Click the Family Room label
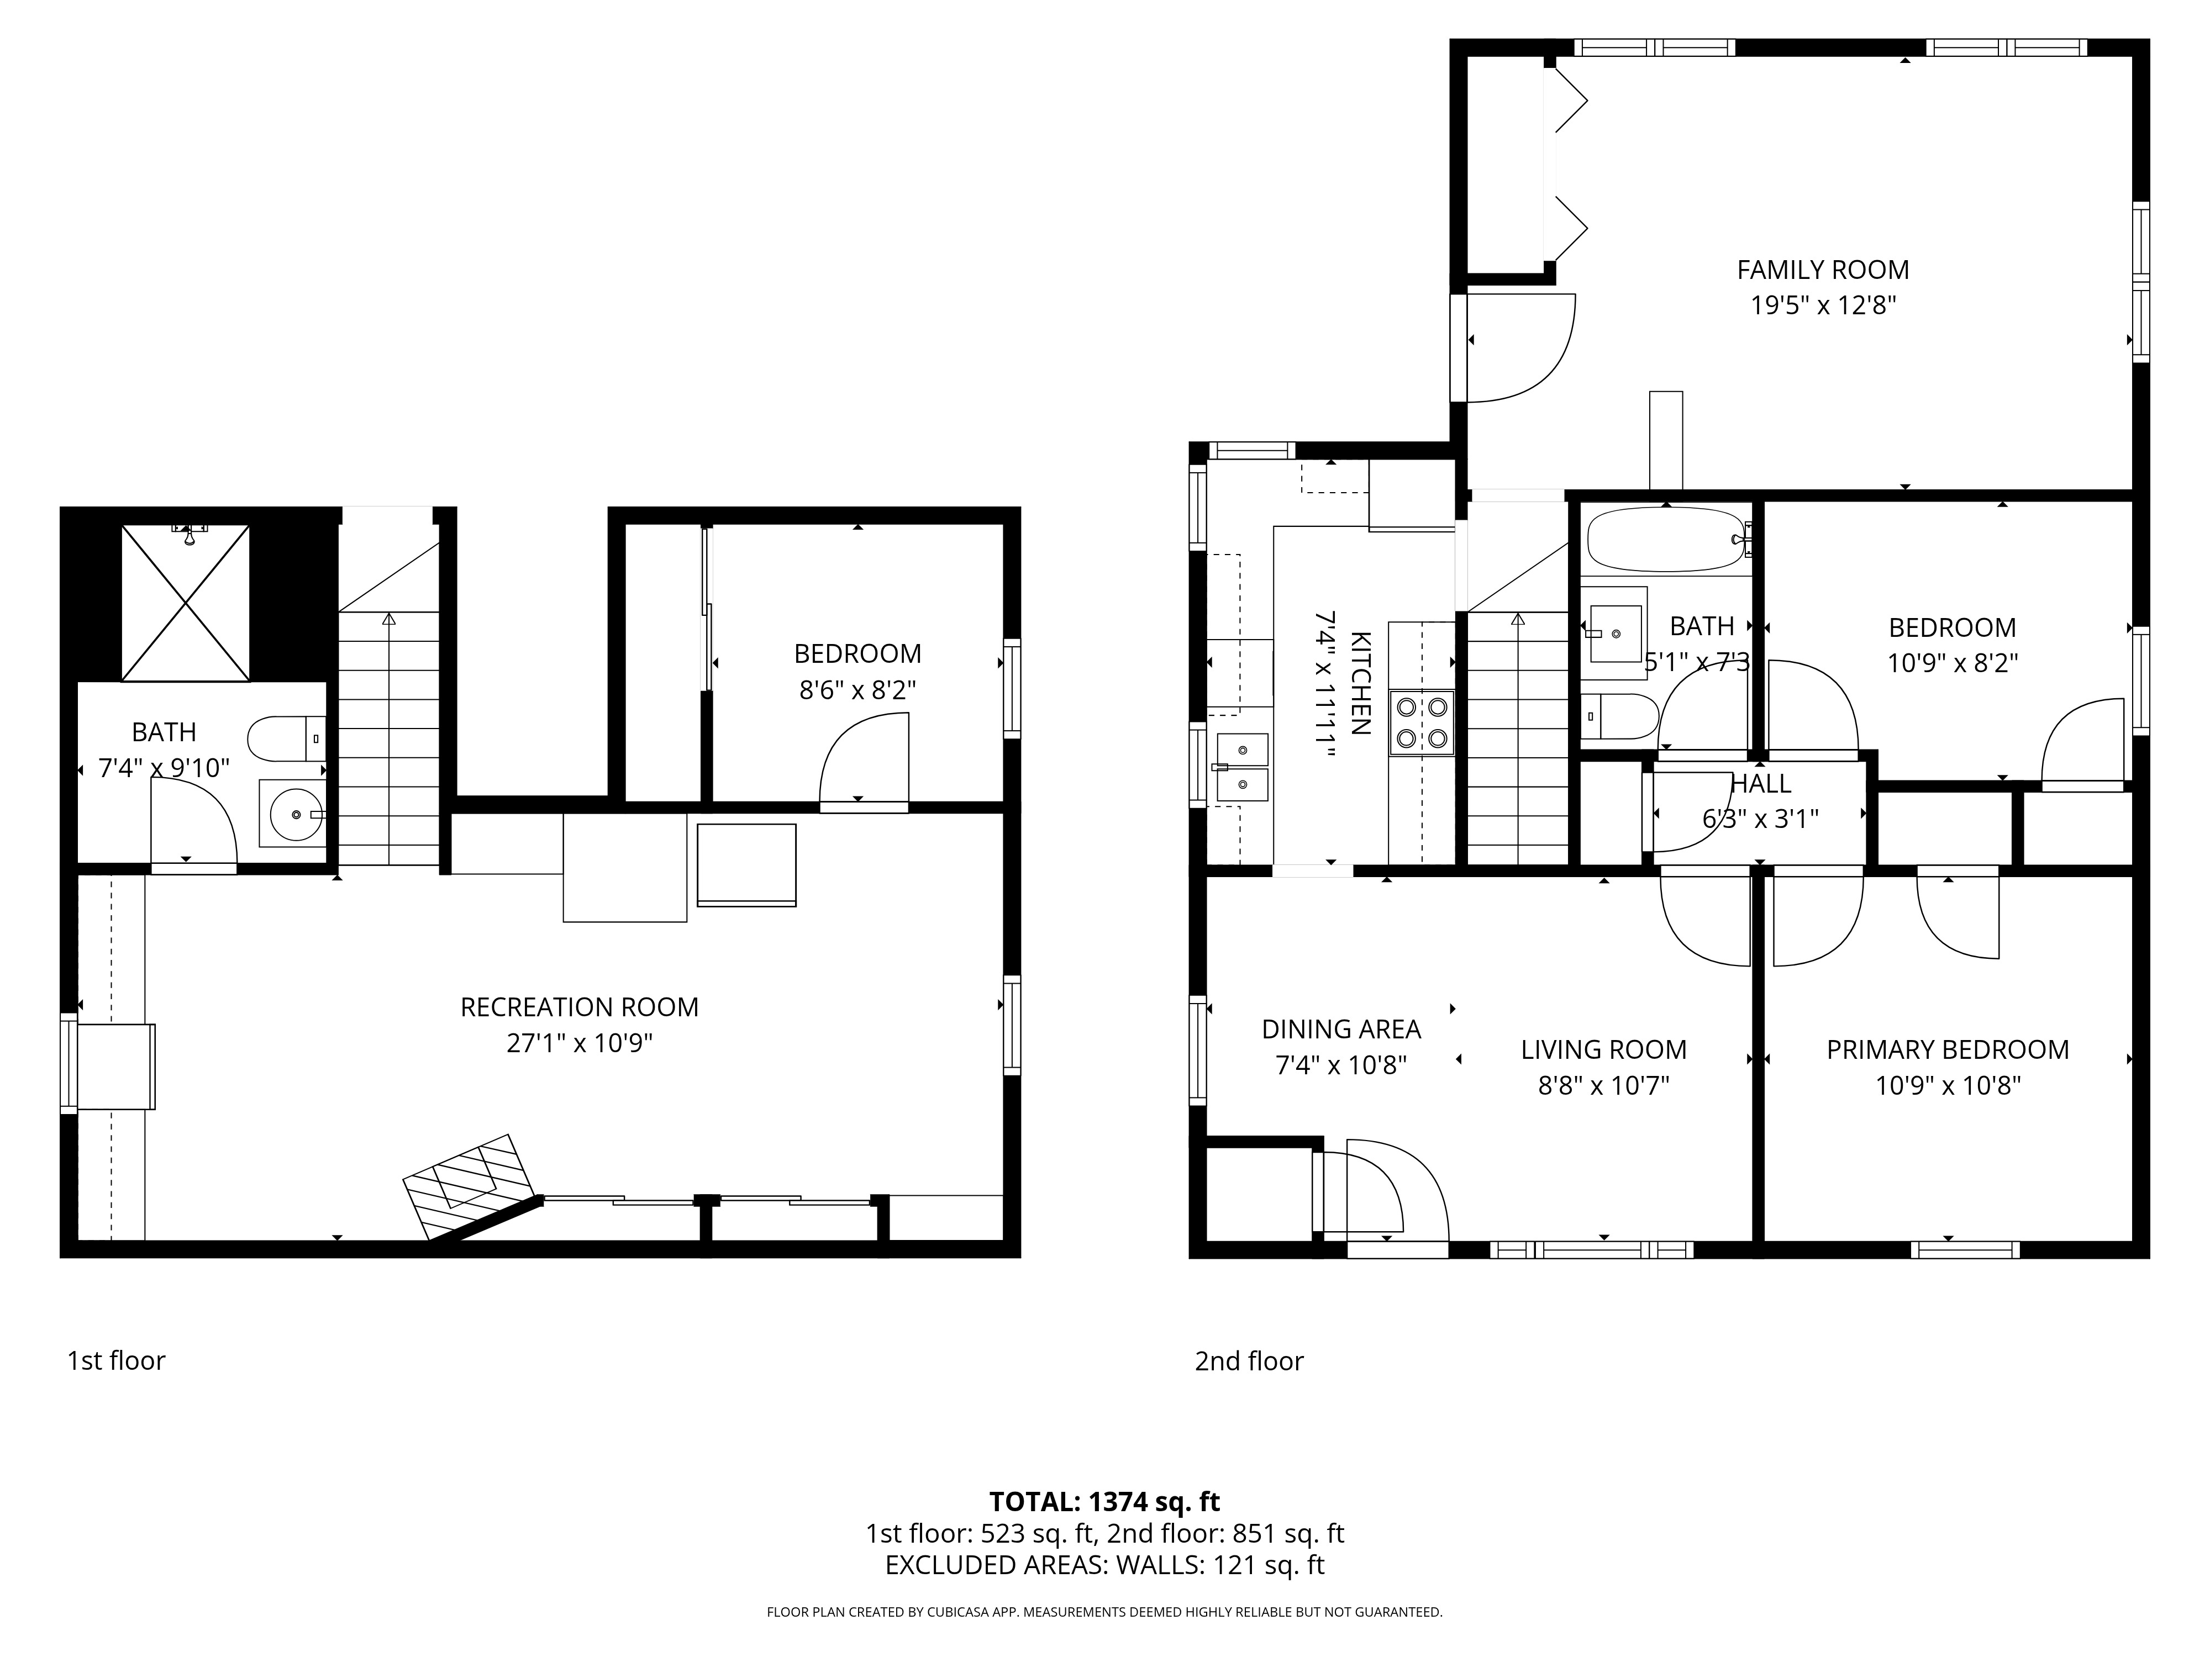coord(1822,270)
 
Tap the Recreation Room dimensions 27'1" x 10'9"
coord(580,1043)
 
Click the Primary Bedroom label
coord(1947,1050)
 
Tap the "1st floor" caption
coord(116,1360)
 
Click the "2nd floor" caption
coord(1249,1362)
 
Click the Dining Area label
coord(1341,1029)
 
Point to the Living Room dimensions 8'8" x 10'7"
coord(1603,1085)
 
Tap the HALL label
coord(1760,784)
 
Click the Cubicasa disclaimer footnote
coord(1104,1612)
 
